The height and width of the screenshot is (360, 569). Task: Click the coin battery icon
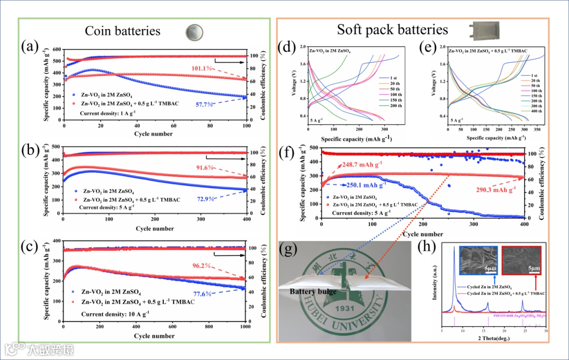click(x=193, y=32)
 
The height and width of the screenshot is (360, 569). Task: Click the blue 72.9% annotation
click(x=207, y=199)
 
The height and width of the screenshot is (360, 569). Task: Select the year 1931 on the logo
click(x=346, y=308)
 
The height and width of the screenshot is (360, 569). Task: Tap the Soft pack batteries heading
click(x=393, y=30)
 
